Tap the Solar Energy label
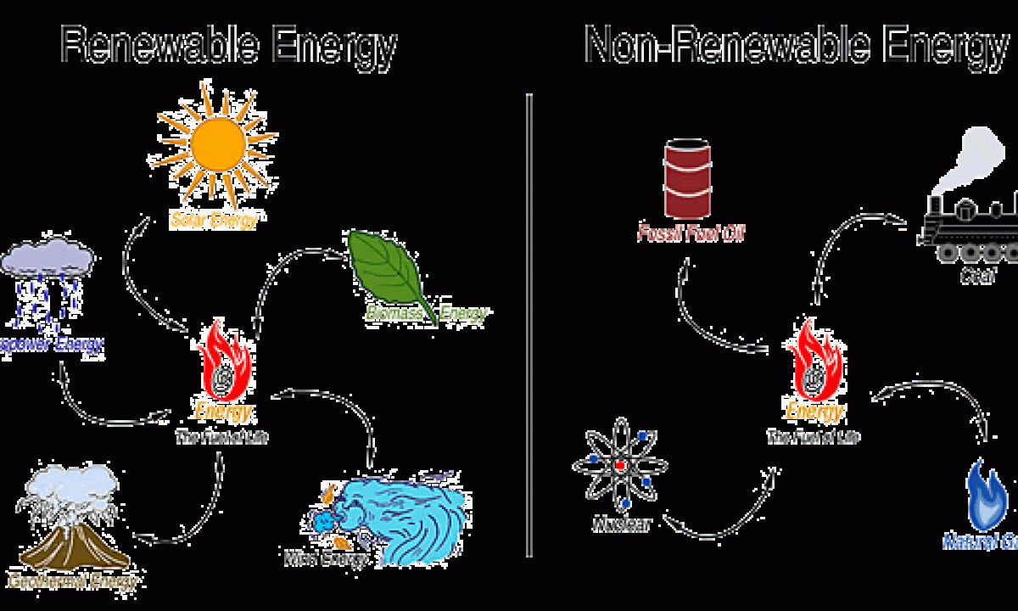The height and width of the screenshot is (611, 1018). click(x=214, y=220)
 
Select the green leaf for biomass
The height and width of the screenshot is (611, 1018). click(x=389, y=268)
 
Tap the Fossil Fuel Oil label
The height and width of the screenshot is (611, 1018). click(x=691, y=233)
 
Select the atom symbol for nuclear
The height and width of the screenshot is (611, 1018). click(x=620, y=466)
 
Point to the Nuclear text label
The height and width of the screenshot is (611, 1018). click(x=621, y=524)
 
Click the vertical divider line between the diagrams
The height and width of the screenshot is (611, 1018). click(x=529, y=322)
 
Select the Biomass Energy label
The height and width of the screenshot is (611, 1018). click(x=427, y=314)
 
